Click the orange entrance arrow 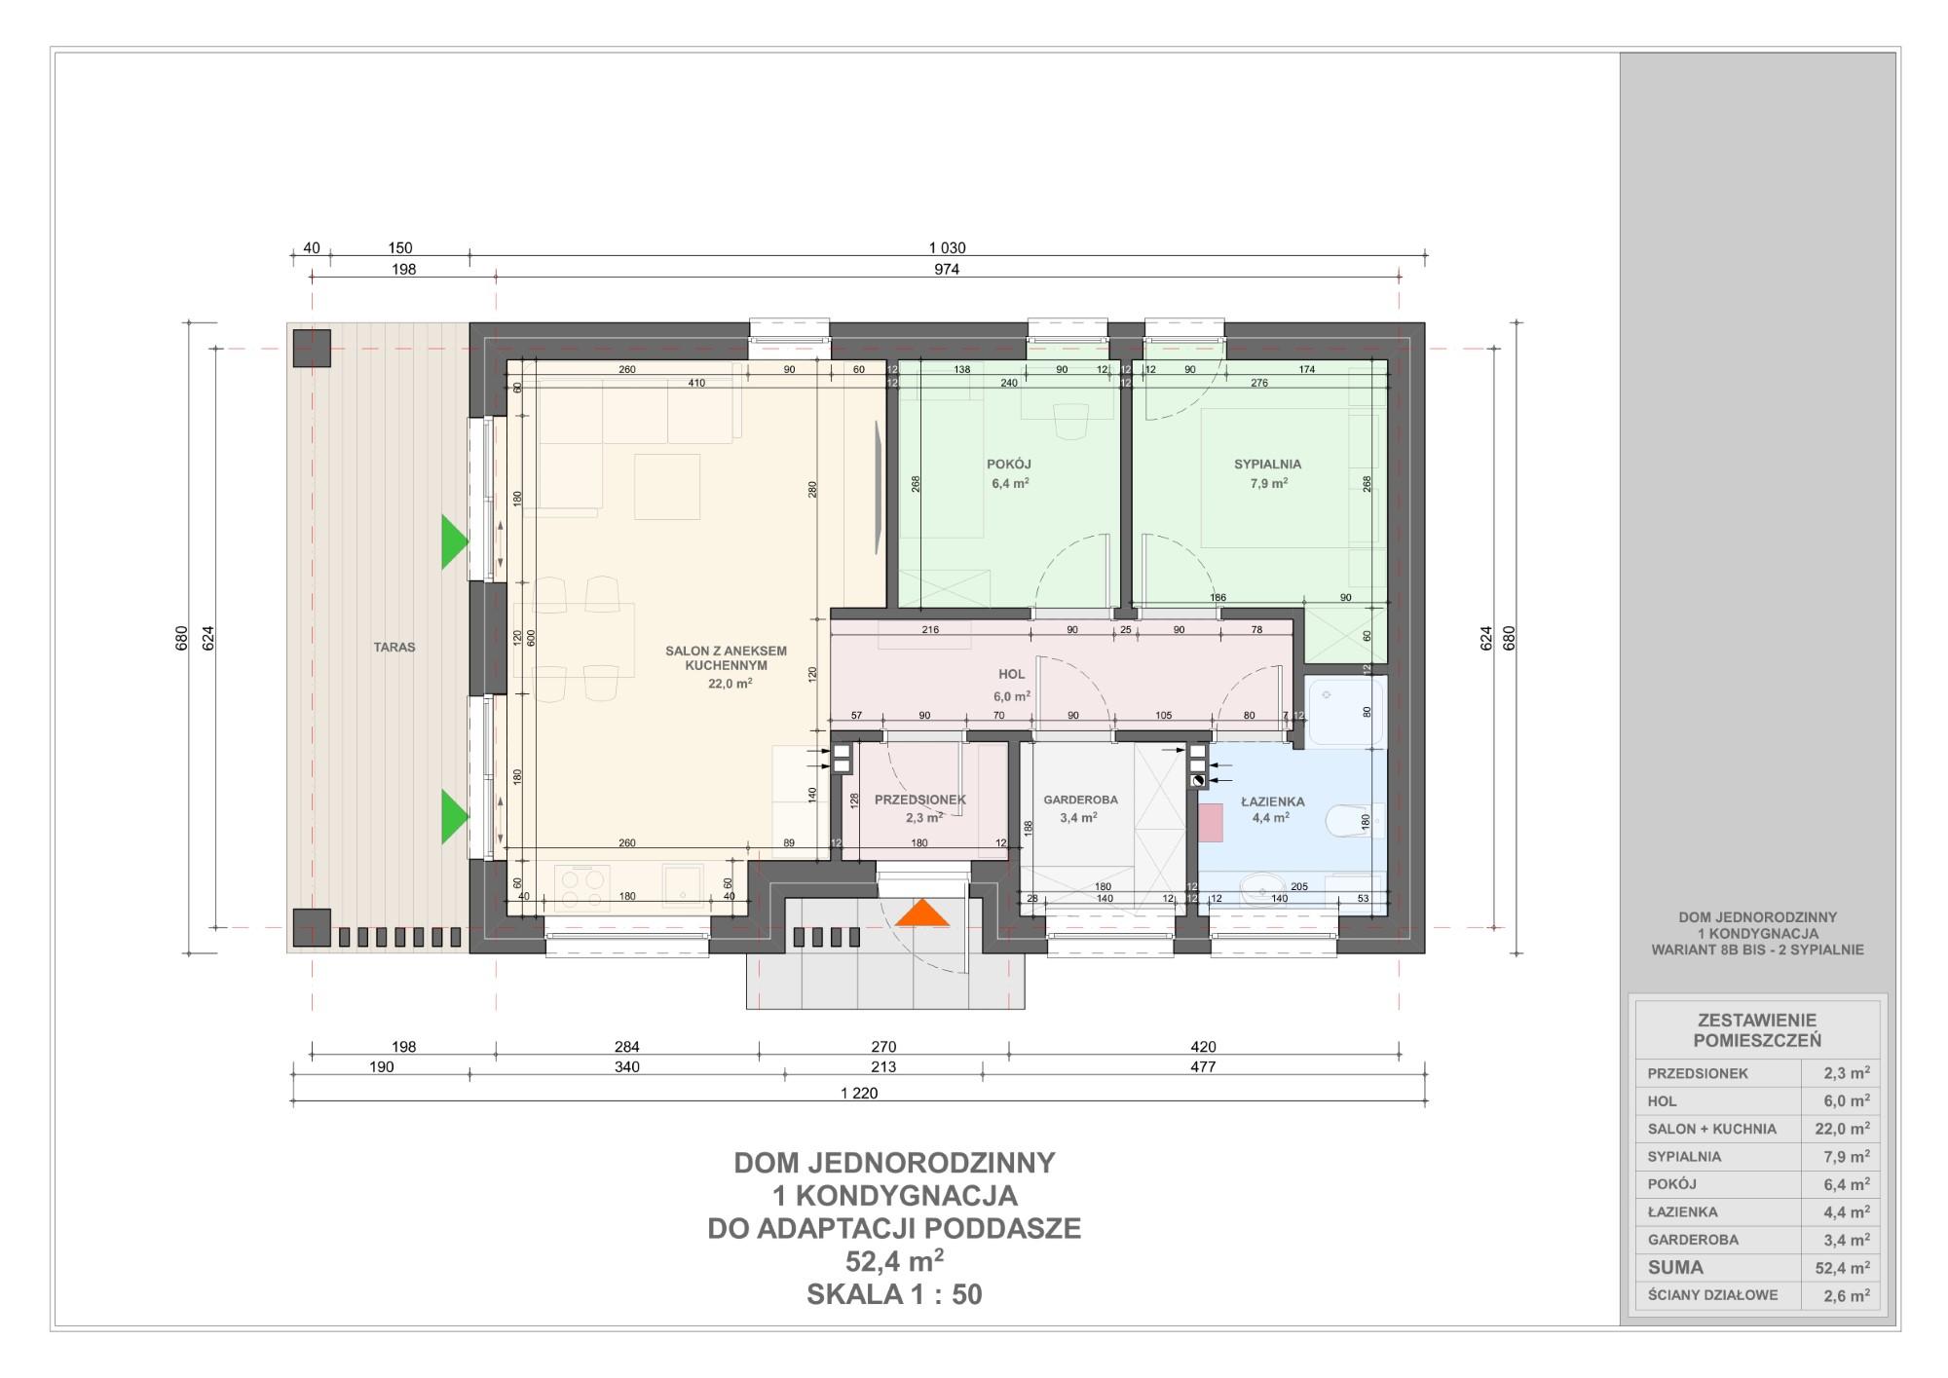pyautogui.click(x=921, y=913)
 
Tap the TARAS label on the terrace pyautogui.click(x=394, y=647)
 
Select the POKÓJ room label pyautogui.click(x=1009, y=465)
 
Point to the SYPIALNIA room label pyautogui.click(x=1267, y=465)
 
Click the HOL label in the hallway pyautogui.click(x=1012, y=674)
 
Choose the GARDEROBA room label pyautogui.click(x=1080, y=800)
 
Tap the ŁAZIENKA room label pyautogui.click(x=1272, y=801)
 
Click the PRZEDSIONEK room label pyautogui.click(x=920, y=800)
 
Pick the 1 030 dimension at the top pyautogui.click(x=947, y=248)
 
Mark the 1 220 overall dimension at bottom pyautogui.click(x=859, y=1094)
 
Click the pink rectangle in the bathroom pyautogui.click(x=1211, y=823)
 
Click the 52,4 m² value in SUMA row pyautogui.click(x=1842, y=1268)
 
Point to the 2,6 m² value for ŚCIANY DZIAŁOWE pyautogui.click(x=1847, y=1295)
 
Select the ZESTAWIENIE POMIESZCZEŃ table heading pyautogui.click(x=1757, y=1030)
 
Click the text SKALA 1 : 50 pyautogui.click(x=894, y=1294)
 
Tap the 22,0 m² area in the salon pyautogui.click(x=730, y=684)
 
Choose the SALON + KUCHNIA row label pyautogui.click(x=1712, y=1129)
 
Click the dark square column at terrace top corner pyautogui.click(x=313, y=348)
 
